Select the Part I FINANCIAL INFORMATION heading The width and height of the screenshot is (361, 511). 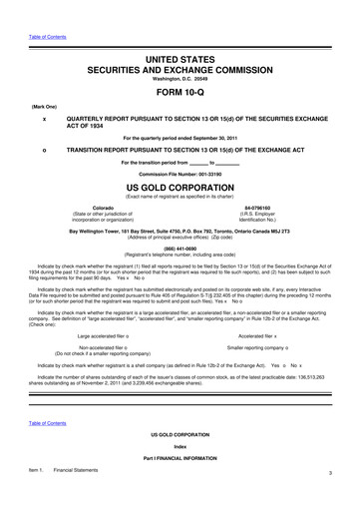[180, 485]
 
